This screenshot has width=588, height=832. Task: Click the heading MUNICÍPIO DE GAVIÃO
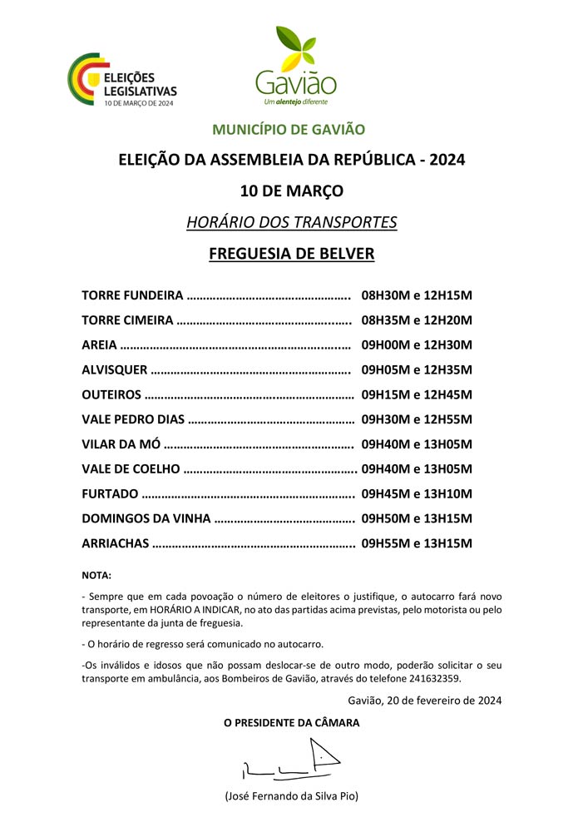coord(289,130)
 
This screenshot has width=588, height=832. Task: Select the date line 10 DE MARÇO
coord(291,191)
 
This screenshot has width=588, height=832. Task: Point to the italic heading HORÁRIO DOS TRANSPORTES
coord(291,222)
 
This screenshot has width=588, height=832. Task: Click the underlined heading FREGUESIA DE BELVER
coord(291,254)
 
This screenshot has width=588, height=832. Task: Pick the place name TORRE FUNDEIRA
coord(132,295)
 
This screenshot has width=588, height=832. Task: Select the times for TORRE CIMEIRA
coord(417,320)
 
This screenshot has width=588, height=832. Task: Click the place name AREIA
coord(100,345)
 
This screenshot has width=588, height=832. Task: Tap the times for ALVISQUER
coord(417,370)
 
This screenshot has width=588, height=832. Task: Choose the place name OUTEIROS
coord(111,394)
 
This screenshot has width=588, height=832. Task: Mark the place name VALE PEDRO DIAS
coord(133,419)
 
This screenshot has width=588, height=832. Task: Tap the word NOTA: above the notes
coord(96,575)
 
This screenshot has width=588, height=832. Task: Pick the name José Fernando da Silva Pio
coord(291,796)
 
